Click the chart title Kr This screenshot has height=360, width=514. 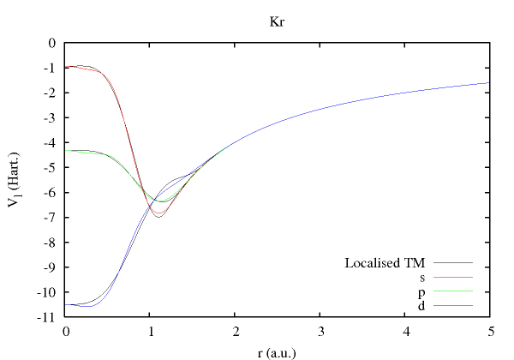277,19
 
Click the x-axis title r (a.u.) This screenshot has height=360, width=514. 277,350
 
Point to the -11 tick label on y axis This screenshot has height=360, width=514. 49,318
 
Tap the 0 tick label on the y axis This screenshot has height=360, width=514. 52,43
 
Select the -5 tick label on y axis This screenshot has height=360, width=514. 51,168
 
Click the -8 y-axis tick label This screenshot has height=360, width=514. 51,243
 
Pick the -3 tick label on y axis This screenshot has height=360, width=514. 51,117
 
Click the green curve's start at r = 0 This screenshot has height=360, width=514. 67,151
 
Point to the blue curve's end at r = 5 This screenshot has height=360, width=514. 489,83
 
